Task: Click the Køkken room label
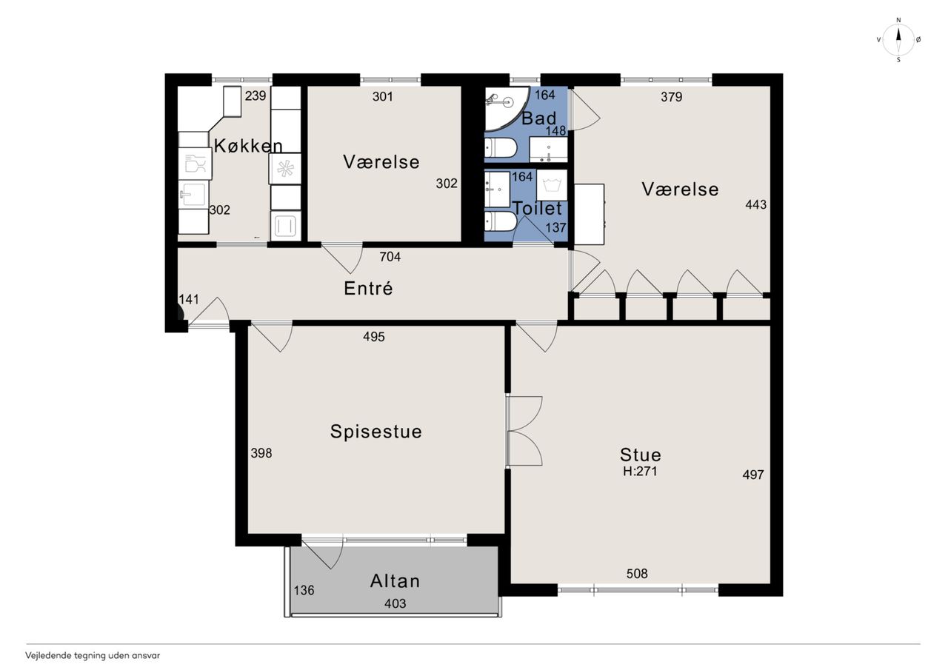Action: (x=248, y=146)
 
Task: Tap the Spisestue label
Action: (x=375, y=432)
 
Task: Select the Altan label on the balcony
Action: (x=395, y=581)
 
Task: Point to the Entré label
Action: (x=368, y=288)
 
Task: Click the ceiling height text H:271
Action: (x=640, y=471)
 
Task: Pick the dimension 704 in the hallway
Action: (x=390, y=257)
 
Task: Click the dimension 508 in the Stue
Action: (x=637, y=574)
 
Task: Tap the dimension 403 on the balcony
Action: (x=395, y=603)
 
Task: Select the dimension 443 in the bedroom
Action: (x=756, y=205)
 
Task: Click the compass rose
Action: (x=898, y=40)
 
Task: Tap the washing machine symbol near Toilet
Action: (x=552, y=185)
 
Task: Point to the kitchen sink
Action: (x=193, y=194)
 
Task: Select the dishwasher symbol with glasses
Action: (x=195, y=164)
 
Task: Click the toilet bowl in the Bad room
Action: (x=501, y=147)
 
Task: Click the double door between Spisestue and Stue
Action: (x=525, y=432)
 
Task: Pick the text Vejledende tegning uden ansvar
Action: (x=93, y=656)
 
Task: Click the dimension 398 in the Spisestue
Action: (x=261, y=453)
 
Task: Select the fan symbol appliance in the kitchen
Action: (x=285, y=169)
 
